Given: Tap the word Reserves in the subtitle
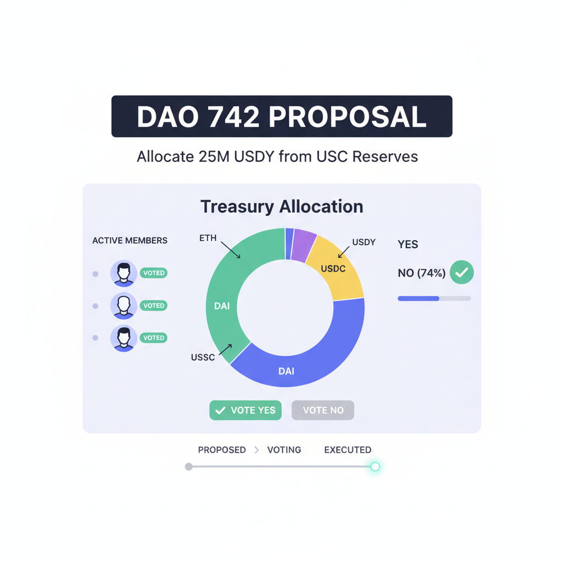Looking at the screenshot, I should coord(384,156).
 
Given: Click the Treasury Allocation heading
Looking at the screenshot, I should coord(281,207).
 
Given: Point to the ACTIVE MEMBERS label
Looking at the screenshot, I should coord(130,241).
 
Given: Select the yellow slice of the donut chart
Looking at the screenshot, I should coord(337,270).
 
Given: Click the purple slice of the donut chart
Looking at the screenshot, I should coord(303,245).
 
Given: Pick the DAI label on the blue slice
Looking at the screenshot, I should coord(286,371).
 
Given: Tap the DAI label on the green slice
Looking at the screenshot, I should coord(222,306).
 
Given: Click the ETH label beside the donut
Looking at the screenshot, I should coord(208,238).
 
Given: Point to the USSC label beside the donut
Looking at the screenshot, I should coord(203,357).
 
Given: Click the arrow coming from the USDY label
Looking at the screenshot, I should coord(344,252).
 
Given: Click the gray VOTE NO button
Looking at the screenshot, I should coord(323,410).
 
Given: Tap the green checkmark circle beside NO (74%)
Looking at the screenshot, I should coord(462,272).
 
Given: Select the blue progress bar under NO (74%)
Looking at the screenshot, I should coord(419,299).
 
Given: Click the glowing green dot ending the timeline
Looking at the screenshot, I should coord(375,467).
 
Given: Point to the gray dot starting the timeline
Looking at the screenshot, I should coord(189,467).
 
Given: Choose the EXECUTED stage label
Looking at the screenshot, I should coord(348,450).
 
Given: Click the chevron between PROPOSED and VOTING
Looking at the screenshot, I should coord(257,450).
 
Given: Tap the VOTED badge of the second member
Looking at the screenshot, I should coord(154,306).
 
